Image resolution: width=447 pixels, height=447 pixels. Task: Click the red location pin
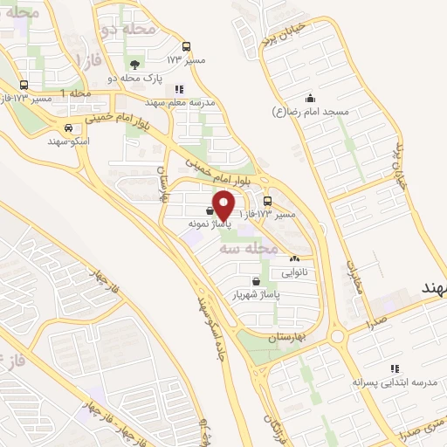(224, 203)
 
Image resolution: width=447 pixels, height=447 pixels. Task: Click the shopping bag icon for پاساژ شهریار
(254, 281)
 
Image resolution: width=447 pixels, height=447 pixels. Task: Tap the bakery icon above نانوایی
(294, 258)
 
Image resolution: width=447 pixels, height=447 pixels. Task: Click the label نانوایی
(294, 272)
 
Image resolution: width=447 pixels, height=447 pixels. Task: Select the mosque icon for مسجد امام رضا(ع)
(309, 98)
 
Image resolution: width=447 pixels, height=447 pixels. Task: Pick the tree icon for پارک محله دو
(134, 65)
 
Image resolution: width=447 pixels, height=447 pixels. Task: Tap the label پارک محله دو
(136, 78)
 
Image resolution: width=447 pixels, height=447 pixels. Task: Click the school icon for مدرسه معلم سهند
(179, 88)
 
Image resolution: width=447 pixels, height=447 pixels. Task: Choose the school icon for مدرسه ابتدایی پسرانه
(395, 368)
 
